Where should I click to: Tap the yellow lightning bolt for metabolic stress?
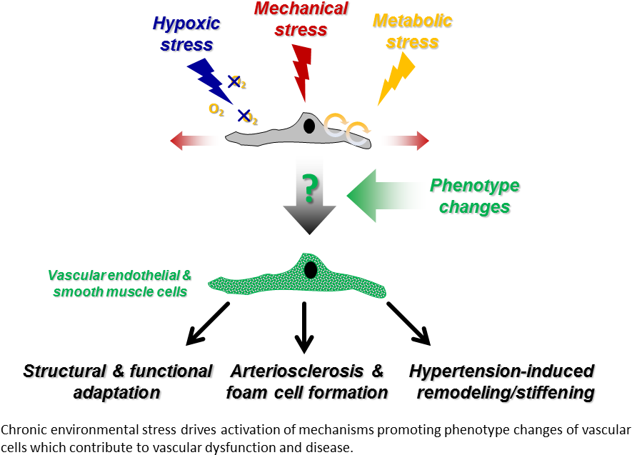pos(397,78)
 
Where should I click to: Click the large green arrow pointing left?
pos(386,195)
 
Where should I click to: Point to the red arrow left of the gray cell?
pos(194,141)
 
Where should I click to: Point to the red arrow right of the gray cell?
pos(404,141)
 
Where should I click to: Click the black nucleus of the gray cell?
pos(309,126)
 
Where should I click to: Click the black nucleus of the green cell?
pos(311,270)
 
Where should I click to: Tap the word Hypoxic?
pos(186,24)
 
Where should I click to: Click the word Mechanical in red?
pos(301,9)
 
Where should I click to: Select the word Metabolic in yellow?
pos(413,21)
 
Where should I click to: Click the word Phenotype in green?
pos(474,186)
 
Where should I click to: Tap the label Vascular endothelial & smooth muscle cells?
pos(120,284)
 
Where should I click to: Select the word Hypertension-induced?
pos(501,371)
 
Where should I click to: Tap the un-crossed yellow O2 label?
pos(216,109)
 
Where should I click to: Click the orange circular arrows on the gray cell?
pos(347,126)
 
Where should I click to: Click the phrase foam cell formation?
pos(308,393)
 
